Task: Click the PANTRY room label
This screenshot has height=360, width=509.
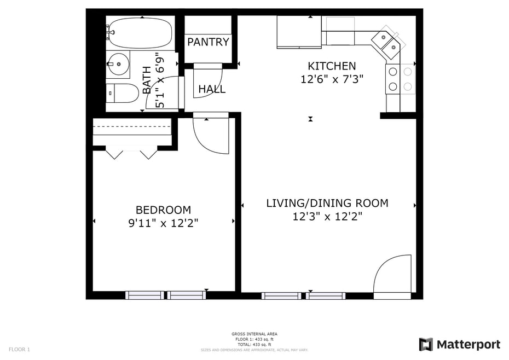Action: click(x=208, y=42)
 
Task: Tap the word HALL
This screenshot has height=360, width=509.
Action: click(x=212, y=89)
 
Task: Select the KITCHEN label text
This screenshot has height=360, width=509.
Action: click(x=331, y=66)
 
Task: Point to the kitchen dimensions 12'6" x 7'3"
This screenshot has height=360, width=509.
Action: click(x=332, y=79)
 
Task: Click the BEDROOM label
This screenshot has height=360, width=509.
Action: click(x=163, y=210)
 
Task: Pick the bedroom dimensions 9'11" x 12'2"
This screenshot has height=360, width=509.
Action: click(x=163, y=223)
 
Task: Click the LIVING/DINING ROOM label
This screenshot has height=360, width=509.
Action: click(x=327, y=204)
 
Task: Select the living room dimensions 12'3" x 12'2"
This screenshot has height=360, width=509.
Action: click(x=327, y=217)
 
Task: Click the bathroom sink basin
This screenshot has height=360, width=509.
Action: click(x=118, y=64)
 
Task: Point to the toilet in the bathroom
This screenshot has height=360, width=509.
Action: click(x=123, y=94)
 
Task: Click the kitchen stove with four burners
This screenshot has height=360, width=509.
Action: click(x=400, y=79)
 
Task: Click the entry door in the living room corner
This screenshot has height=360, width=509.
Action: click(x=392, y=275)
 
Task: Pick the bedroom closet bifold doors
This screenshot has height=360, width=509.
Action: click(x=131, y=153)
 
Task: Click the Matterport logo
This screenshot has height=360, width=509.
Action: click(x=459, y=345)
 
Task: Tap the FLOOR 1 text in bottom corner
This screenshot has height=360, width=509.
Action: click(x=19, y=349)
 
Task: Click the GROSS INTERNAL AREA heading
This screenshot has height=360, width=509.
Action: click(x=254, y=334)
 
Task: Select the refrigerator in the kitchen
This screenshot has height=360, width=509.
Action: click(x=298, y=32)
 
